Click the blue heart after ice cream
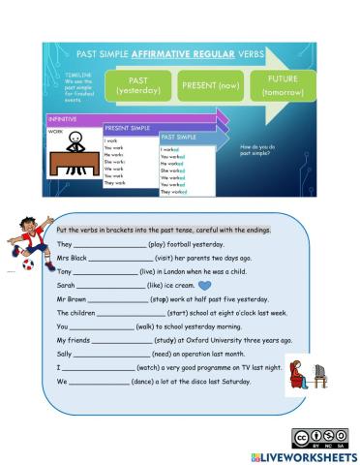pos(203,287)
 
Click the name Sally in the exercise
pos(66,355)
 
